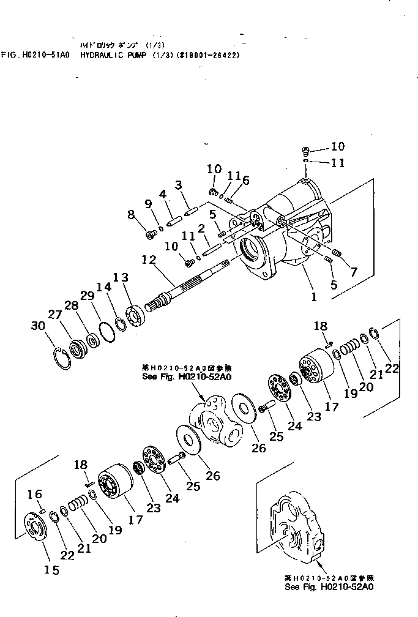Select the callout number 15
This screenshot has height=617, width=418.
pyautogui.click(x=51, y=570)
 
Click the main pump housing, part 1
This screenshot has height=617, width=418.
pyautogui.click(x=294, y=233)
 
